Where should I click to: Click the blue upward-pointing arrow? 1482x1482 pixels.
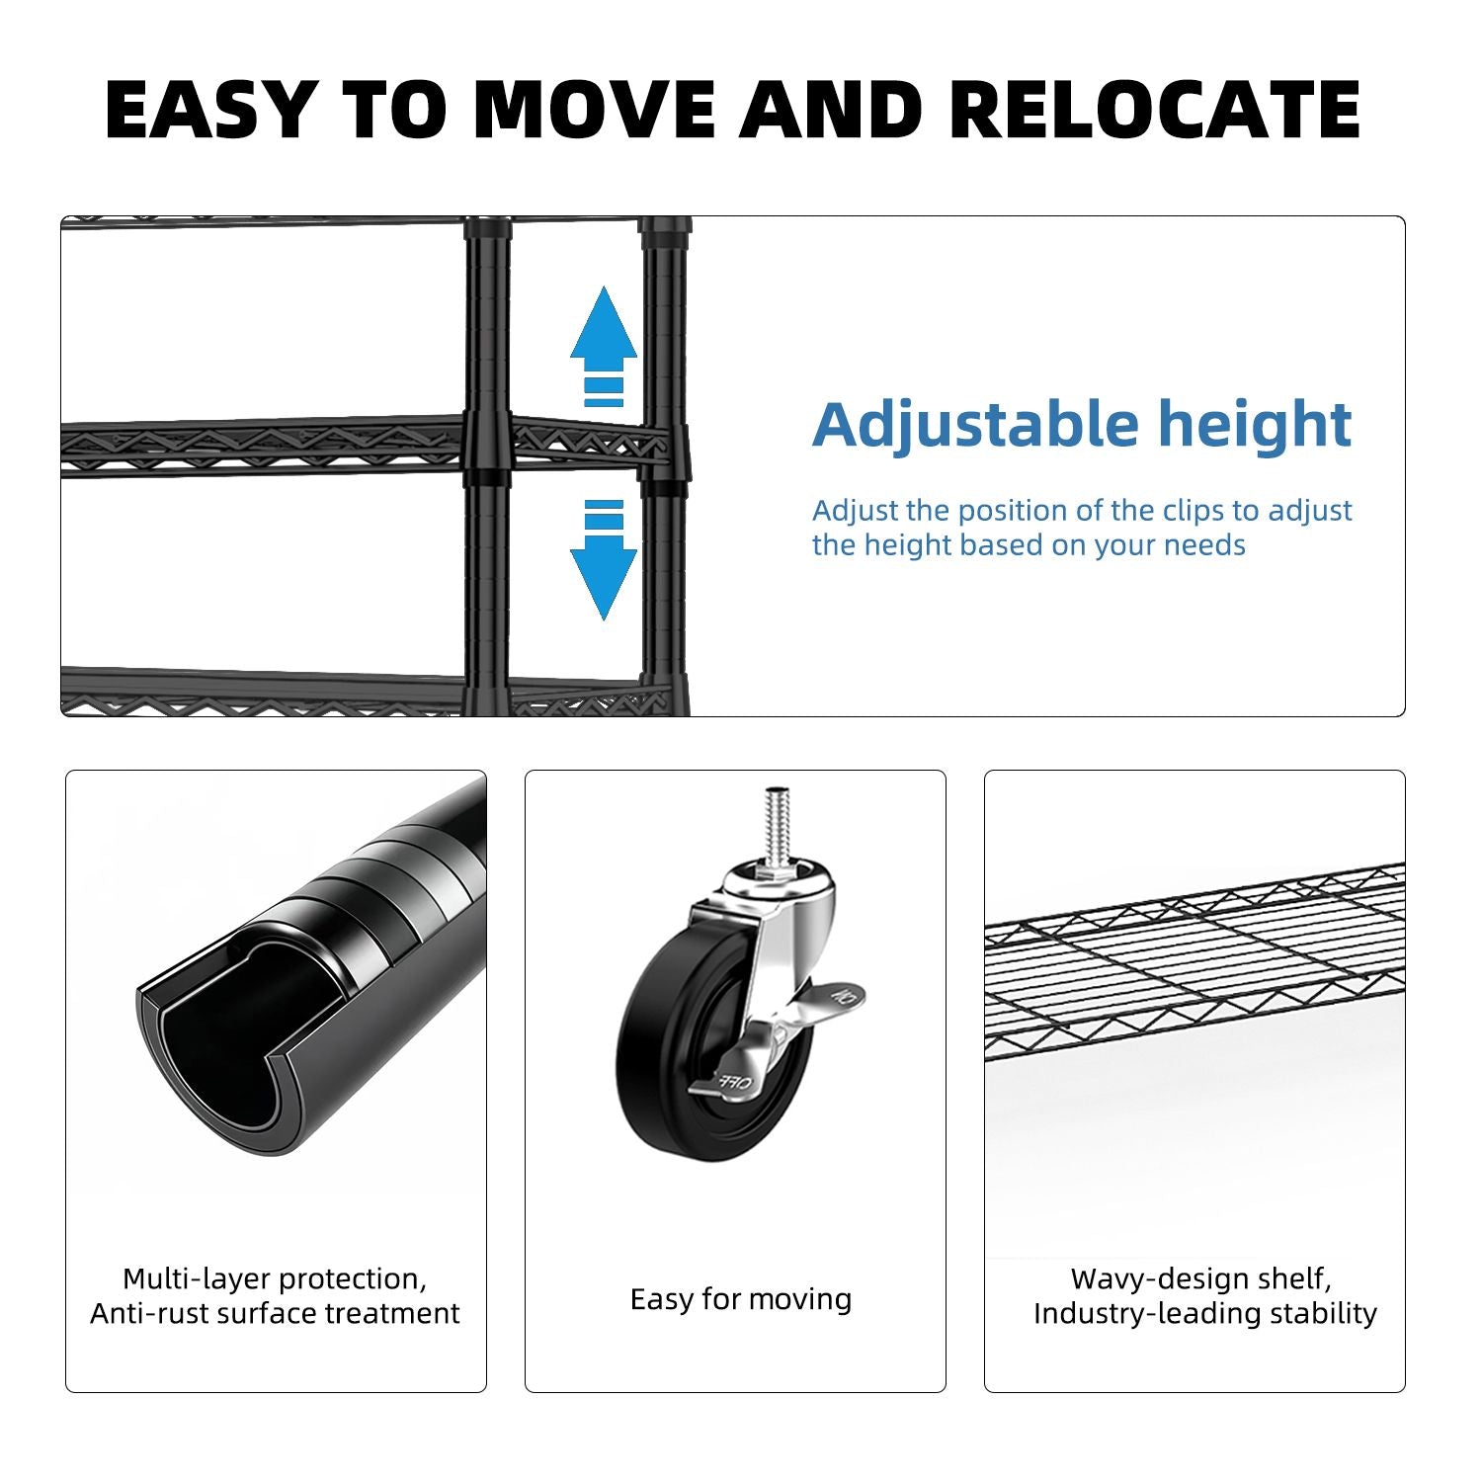pyautogui.click(x=604, y=347)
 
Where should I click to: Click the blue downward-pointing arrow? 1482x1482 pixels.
pyautogui.click(x=604, y=560)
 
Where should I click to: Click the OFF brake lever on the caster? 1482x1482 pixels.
pyautogui.click(x=732, y=1077)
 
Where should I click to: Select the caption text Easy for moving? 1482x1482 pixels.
pyautogui.click(x=741, y=1299)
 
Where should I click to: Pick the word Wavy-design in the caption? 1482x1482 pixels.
pyautogui.click(x=1146, y=1279)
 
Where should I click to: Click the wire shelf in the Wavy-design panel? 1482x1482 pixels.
pyautogui.click(x=1194, y=963)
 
